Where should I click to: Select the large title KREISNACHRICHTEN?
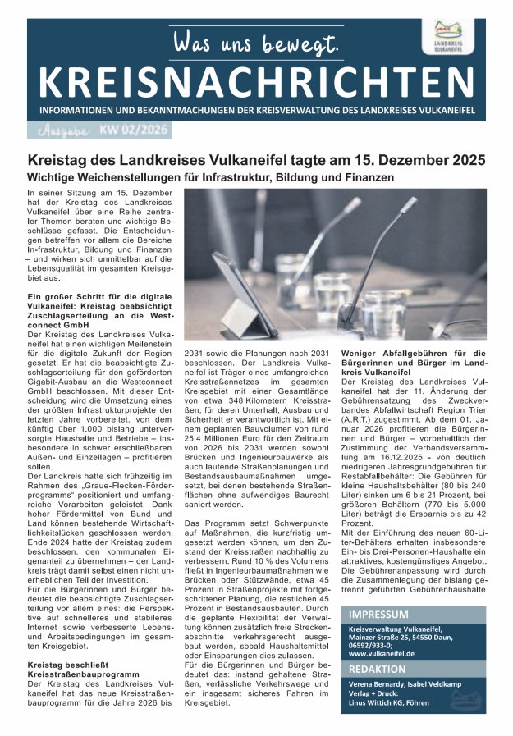click(256, 82)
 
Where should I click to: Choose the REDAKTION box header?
click(377, 670)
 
